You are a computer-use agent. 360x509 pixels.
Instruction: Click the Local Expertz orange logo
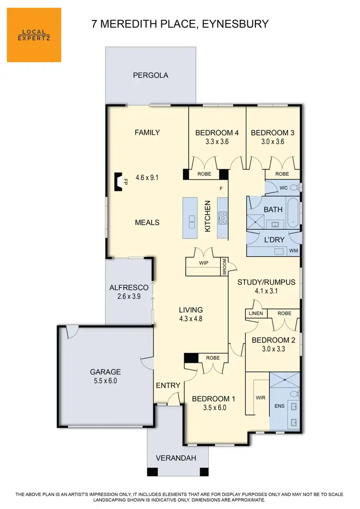pos(34,35)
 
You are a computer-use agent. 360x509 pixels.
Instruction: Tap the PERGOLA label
pos(151,75)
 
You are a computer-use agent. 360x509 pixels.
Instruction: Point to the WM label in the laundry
pos(294,251)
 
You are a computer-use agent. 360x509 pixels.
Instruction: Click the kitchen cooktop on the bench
pos(223,218)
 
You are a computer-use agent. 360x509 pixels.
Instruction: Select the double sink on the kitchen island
pos(192,222)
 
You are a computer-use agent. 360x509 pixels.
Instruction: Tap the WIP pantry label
pos(204,263)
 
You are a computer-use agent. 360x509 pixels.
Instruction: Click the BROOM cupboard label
pos(224,266)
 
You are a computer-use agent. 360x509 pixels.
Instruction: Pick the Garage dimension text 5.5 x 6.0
pos(105,381)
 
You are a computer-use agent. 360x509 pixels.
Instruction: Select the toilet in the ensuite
pos(294,394)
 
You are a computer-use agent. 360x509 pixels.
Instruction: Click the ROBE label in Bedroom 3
pos(282,174)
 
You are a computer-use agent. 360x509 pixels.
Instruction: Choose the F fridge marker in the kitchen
pos(221,189)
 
